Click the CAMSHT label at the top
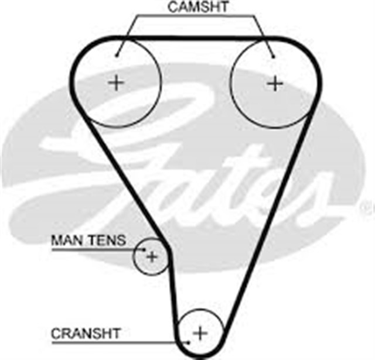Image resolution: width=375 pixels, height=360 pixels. (198, 6)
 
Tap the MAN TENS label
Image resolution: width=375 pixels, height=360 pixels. (88, 240)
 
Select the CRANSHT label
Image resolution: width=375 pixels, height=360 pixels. (86, 334)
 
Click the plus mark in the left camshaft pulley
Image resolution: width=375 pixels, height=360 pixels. (116, 83)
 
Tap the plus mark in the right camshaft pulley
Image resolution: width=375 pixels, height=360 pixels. (275, 83)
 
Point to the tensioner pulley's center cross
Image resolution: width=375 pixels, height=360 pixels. (152, 257)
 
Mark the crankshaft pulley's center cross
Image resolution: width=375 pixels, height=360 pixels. (200, 333)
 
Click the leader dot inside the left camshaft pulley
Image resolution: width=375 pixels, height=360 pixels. (117, 56)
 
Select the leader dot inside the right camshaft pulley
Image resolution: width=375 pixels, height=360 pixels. (273, 57)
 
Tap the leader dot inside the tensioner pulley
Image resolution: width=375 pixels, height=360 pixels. (144, 250)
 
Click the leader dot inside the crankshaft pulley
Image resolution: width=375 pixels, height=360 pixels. (189, 342)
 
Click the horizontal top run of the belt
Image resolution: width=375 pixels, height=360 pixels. (196, 38)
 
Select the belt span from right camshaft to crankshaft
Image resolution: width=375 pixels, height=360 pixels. (268, 222)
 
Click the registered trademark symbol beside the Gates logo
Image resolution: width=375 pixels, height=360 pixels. (370, 207)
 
